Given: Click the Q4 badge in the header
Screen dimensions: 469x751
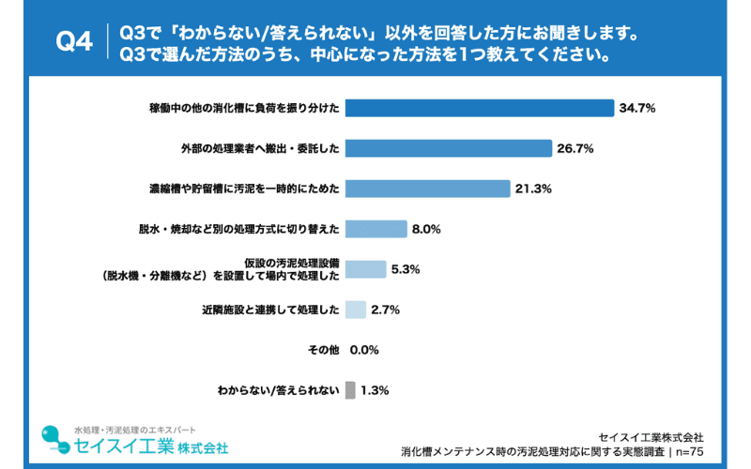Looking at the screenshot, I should pos(74,42).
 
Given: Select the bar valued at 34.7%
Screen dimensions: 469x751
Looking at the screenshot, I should pos(480,108).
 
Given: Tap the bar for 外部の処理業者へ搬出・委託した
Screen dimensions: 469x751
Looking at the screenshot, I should pos(449,148).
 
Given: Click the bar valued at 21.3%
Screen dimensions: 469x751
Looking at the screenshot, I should pos(428,189).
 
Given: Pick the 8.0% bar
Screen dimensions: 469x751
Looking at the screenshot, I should pos(376,229).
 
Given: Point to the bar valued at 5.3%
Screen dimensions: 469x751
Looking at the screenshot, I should pos(366,269).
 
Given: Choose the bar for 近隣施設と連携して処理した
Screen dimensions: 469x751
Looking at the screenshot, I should pos(356,310).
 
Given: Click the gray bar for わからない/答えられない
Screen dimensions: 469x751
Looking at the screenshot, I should pos(350,389).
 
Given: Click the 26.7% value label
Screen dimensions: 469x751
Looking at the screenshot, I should pos(575,149).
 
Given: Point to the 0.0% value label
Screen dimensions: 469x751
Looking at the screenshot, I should pos(363,350).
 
